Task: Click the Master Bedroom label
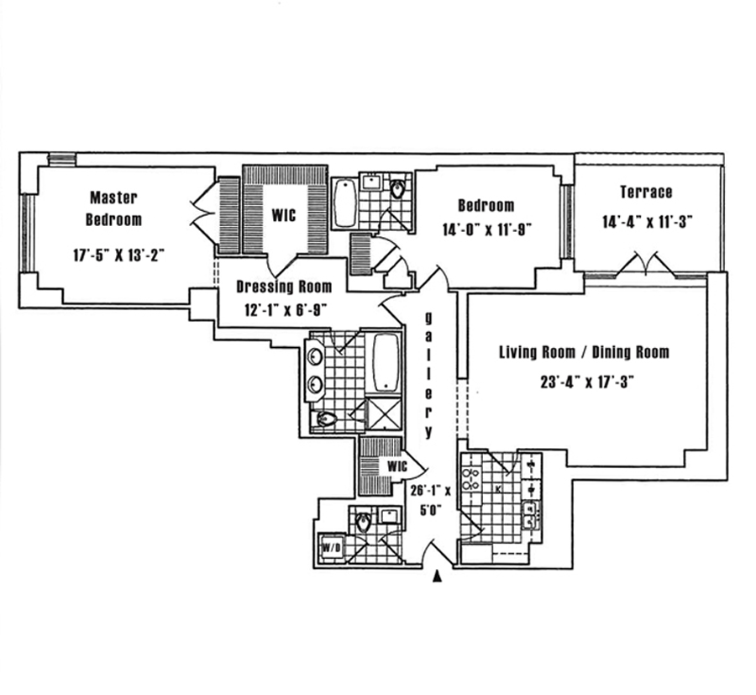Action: pos(115,208)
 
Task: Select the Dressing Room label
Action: pos(283,287)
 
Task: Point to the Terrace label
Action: pos(646,192)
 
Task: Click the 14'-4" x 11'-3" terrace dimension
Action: pos(646,222)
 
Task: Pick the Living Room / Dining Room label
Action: pos(584,352)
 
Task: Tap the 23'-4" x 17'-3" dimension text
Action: pos(585,381)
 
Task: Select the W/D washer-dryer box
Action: pos(329,549)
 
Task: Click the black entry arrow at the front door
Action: pos(437,577)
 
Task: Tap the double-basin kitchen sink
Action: pos(529,512)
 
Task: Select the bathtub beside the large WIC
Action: pos(344,203)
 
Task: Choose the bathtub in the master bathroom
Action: pos(386,362)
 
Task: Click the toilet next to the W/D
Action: pos(363,522)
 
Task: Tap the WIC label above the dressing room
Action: pos(283,214)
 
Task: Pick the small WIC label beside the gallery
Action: pos(396,466)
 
